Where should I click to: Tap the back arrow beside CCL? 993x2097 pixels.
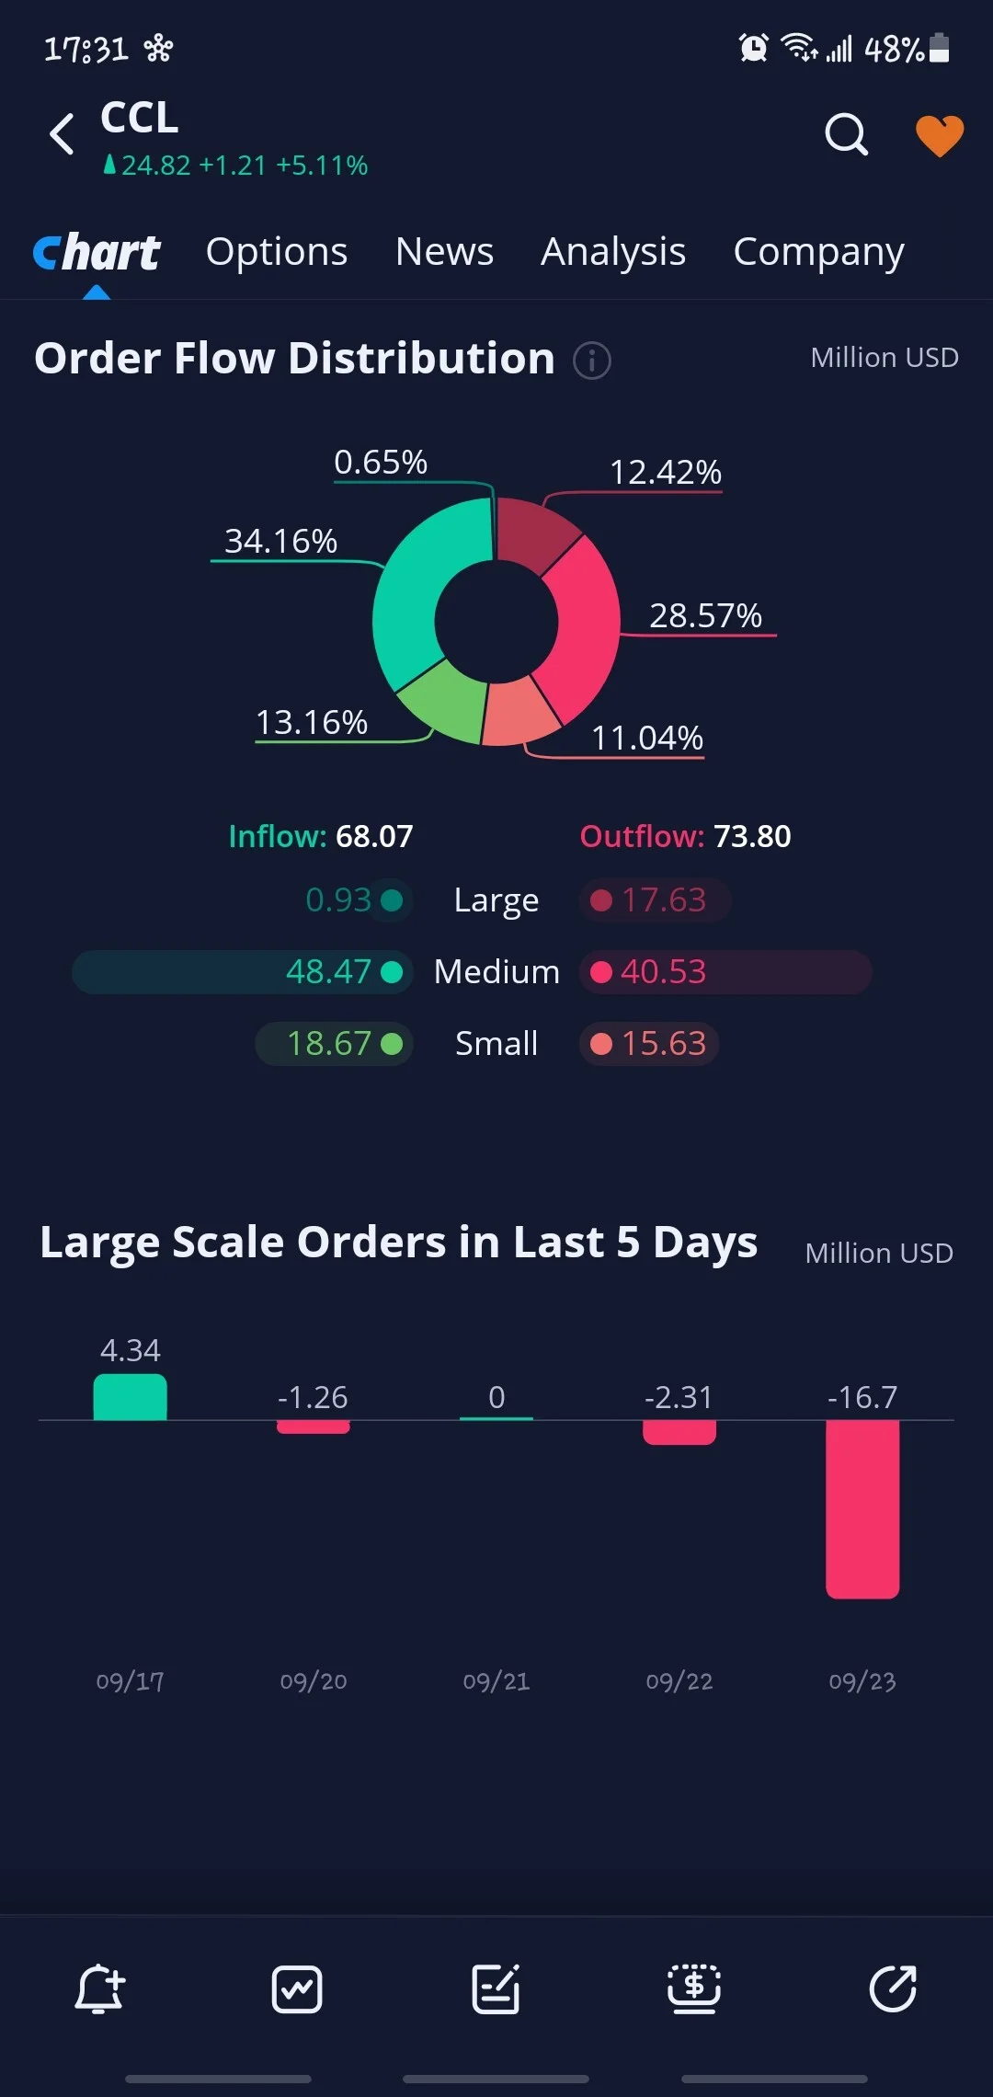pos(62,134)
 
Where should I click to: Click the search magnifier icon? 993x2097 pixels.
pos(846,135)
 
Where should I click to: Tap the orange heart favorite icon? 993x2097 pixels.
pos(940,136)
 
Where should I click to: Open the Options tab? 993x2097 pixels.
pos(277,252)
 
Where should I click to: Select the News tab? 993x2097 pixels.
pos(444,251)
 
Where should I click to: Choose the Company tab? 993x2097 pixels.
pos(818,253)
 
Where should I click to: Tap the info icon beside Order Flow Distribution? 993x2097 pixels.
pos(592,360)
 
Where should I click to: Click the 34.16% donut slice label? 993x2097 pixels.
pos(280,541)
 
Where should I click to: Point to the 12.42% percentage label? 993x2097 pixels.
pos(666,472)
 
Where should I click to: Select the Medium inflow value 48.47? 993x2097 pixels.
pos(328,971)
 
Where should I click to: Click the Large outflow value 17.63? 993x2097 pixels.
pos(664,900)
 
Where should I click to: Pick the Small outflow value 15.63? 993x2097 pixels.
pos(664,1043)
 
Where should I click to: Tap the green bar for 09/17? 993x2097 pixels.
pos(130,1397)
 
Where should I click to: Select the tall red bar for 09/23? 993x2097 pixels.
pos(862,1509)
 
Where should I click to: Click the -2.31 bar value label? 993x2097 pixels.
pos(679,1397)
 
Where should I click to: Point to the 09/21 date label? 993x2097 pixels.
pos(496,1681)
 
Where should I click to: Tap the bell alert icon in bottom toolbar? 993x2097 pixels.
pos(99,1989)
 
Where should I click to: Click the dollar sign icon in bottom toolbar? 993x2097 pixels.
pos(694,1988)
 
